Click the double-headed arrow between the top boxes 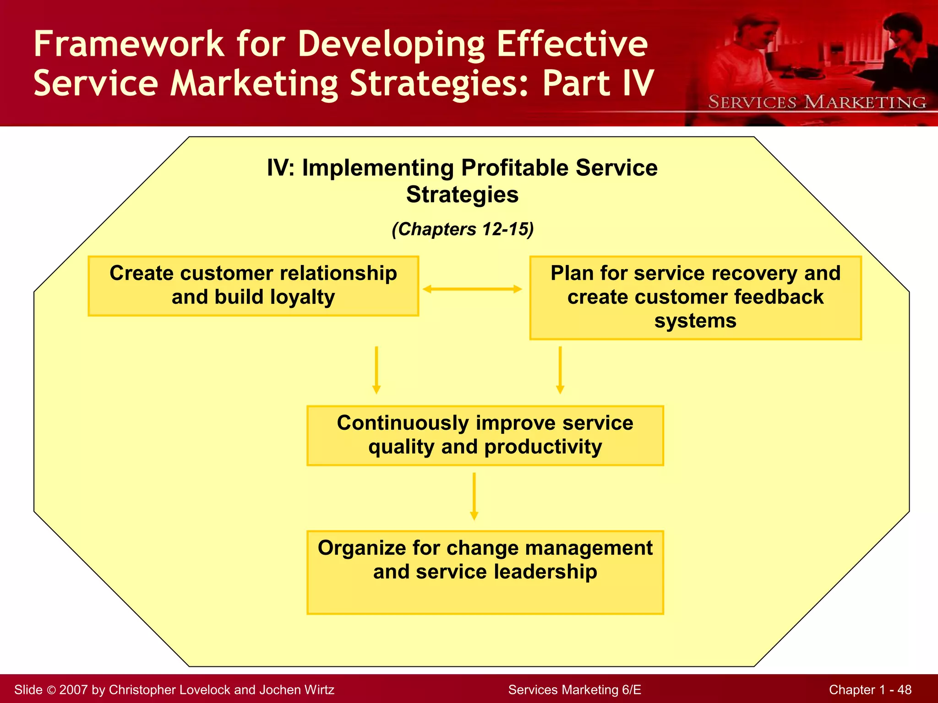(472, 289)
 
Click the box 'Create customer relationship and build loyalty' (253, 286)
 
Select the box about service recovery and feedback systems (695, 298)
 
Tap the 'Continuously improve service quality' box (485, 435)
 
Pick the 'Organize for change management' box (485, 572)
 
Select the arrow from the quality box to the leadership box (474, 496)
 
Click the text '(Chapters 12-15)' (463, 229)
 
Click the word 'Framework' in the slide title (129, 44)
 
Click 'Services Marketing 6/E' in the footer (574, 690)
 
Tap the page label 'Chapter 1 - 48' (870, 690)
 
